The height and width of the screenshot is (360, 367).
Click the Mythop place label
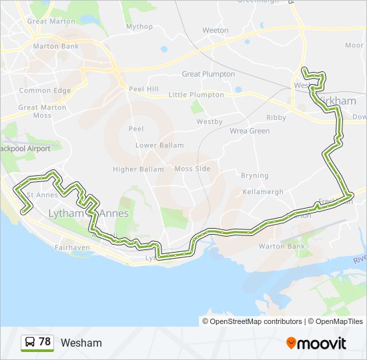(139, 27)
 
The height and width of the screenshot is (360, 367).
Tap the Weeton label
(216, 31)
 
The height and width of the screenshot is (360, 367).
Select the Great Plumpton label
(208, 74)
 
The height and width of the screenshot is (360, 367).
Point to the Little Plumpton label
(196, 95)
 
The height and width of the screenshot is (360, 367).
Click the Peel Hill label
(143, 89)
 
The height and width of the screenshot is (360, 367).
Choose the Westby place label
(209, 122)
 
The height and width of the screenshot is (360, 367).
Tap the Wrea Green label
(250, 131)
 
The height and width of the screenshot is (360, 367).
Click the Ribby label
(276, 117)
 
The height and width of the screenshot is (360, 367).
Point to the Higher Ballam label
(138, 169)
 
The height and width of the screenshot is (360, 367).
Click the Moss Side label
(192, 169)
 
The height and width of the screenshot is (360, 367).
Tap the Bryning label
(255, 176)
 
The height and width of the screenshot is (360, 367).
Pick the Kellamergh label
(263, 192)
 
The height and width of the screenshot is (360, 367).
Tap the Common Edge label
(45, 91)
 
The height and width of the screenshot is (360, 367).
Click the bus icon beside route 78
(30, 342)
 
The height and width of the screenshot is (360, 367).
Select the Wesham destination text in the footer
(81, 343)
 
